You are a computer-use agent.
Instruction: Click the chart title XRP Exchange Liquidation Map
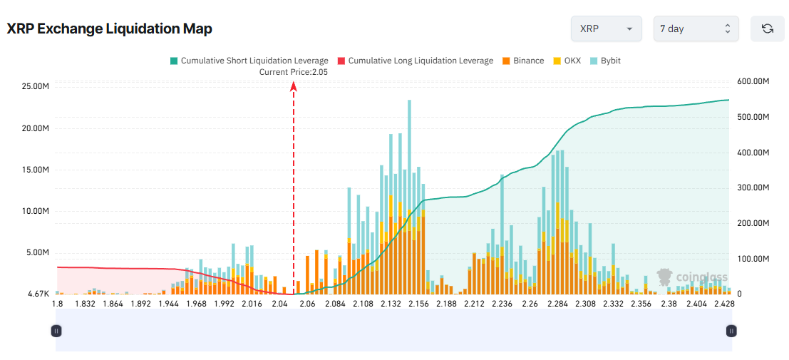tap(109, 29)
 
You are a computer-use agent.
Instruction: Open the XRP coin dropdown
tap(606, 29)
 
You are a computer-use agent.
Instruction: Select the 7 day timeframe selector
tap(696, 29)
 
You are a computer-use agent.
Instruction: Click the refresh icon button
tap(767, 29)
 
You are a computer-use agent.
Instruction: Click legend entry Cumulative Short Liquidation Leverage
tap(249, 61)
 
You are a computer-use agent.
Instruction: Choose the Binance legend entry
tap(523, 61)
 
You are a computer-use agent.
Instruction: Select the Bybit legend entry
tap(605, 61)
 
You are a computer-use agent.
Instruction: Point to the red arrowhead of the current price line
tap(294, 86)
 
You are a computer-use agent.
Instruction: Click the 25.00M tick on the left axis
tap(36, 87)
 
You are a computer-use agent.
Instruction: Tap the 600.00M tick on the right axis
tap(753, 82)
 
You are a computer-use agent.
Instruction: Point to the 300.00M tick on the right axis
tap(753, 188)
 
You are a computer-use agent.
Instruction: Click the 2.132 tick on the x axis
tap(391, 304)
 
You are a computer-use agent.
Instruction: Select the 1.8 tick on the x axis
tap(58, 304)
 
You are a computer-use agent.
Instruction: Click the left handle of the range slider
tap(56, 331)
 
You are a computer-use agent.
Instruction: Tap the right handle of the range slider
tap(731, 331)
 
